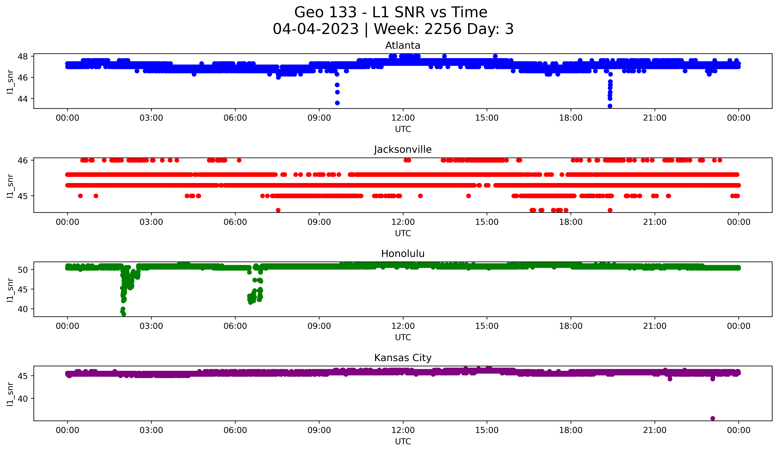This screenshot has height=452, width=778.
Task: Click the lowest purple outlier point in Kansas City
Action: click(x=712, y=418)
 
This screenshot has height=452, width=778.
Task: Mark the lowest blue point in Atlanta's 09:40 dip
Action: click(x=337, y=103)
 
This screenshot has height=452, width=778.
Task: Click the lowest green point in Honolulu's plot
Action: click(x=124, y=314)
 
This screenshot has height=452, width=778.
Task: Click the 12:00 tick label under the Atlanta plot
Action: click(x=403, y=118)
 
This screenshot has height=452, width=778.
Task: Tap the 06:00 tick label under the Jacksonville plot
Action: click(x=235, y=222)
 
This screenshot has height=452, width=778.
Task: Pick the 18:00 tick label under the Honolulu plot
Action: click(x=571, y=326)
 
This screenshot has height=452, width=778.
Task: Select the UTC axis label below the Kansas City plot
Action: click(x=403, y=442)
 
